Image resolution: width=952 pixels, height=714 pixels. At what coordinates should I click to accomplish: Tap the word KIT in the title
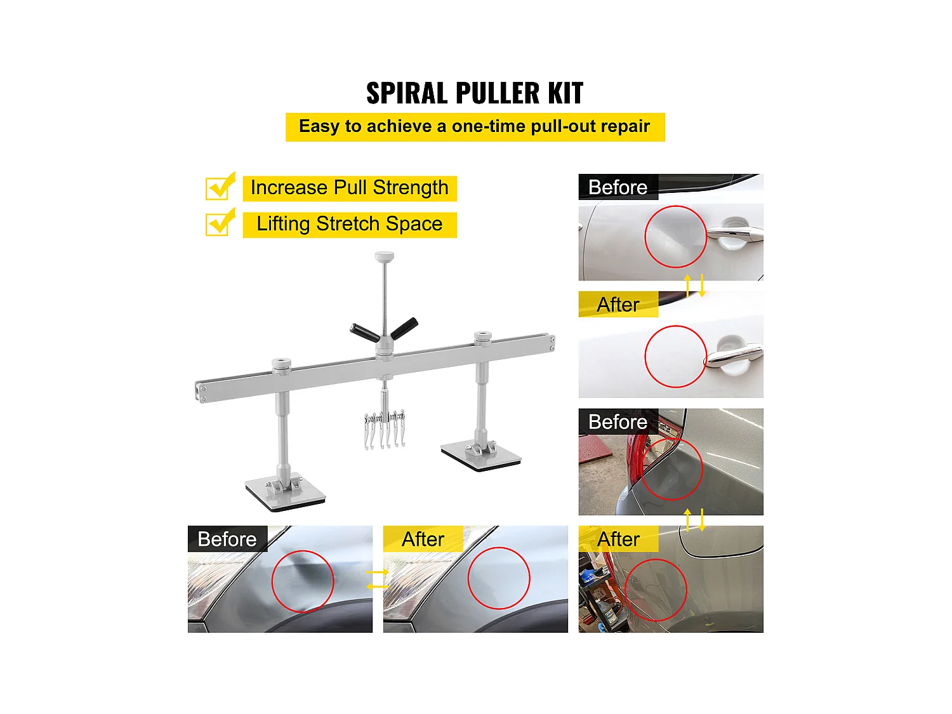coord(565,93)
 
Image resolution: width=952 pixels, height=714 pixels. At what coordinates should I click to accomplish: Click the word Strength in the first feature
coord(410,188)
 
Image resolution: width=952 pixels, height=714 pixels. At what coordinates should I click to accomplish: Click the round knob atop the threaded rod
coord(384,256)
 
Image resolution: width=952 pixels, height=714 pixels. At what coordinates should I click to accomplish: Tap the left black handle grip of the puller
coord(364,333)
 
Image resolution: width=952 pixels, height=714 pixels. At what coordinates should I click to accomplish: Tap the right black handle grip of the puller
coord(404,328)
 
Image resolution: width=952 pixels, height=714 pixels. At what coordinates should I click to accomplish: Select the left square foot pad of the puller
coord(286,494)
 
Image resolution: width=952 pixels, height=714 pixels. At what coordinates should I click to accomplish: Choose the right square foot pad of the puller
coord(481,456)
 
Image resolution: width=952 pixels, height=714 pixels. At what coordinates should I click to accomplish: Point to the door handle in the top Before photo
coord(734,235)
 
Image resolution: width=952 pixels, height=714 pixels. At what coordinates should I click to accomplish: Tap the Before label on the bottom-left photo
coord(227,539)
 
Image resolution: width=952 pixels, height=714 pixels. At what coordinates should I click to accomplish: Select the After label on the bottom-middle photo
coord(423,539)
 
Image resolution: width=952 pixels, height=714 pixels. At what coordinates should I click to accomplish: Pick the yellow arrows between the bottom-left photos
coord(378,579)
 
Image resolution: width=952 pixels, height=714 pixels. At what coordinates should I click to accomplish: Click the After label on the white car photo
coord(618,305)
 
